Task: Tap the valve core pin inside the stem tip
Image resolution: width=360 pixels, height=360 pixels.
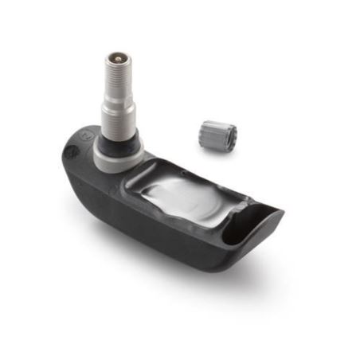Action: point(119,58)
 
